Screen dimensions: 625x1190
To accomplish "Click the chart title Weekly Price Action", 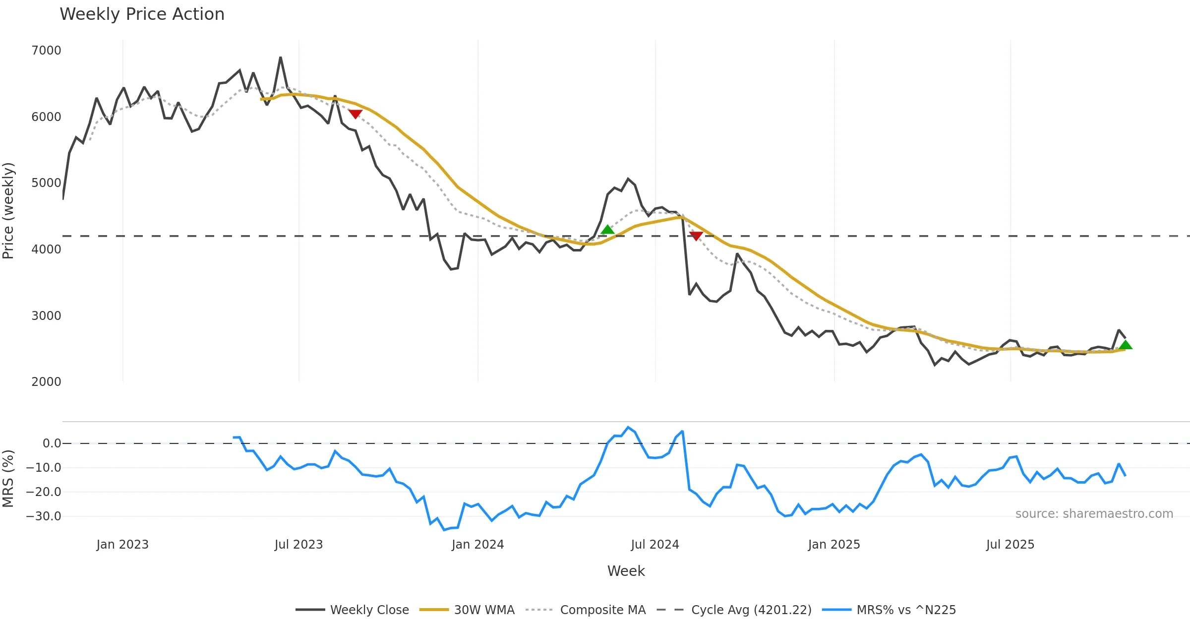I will click(142, 14).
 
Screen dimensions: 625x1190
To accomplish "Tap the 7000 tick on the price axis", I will click(46, 51).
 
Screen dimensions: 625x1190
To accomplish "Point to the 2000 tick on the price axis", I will click(46, 382).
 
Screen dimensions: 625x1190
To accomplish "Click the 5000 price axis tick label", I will click(46, 183).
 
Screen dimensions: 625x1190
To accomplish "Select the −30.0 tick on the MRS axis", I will click(43, 516).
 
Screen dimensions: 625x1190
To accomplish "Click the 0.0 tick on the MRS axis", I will click(52, 443).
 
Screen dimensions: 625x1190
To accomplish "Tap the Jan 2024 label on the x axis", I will click(477, 545).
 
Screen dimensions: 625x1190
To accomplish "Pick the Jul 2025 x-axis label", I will click(1010, 545).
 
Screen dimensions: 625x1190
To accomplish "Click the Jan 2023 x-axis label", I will click(122, 545).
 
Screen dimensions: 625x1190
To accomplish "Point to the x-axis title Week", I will click(626, 571).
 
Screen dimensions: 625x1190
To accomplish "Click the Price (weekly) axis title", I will click(8, 211).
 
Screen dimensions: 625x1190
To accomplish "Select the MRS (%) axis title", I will click(8, 479).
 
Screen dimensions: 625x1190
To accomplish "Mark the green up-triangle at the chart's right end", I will click(1126, 345).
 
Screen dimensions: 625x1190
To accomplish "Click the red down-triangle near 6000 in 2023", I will click(355, 114).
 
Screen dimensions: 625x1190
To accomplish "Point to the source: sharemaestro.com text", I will click(1094, 514).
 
